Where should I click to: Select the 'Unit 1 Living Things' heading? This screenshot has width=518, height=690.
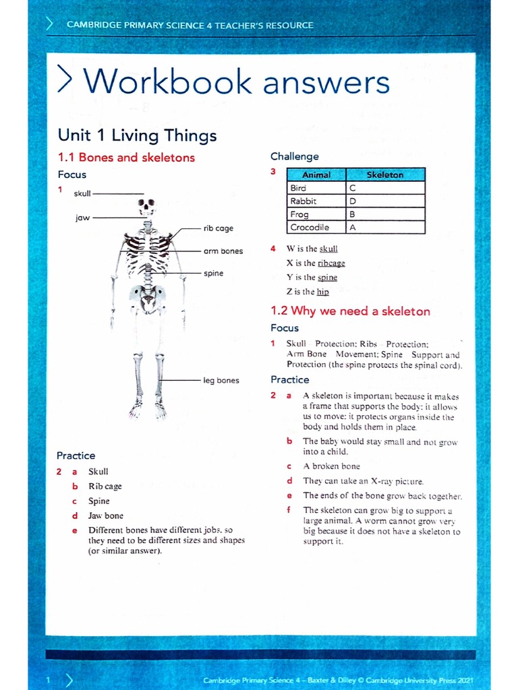[137, 135]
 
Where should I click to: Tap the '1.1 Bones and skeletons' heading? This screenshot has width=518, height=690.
[126, 158]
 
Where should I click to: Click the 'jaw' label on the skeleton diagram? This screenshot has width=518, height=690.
[83, 218]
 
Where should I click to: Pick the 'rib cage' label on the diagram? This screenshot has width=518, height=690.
[218, 228]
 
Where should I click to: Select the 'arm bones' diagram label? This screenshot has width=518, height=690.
[223, 251]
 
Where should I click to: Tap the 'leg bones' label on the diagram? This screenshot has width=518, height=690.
[221, 381]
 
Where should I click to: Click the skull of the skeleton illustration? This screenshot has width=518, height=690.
[146, 206]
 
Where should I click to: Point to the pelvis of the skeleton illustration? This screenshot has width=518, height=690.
[147, 295]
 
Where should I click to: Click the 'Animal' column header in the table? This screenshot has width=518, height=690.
[316, 175]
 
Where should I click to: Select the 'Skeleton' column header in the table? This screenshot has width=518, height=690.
[384, 175]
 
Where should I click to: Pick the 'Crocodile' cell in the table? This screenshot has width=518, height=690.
[310, 228]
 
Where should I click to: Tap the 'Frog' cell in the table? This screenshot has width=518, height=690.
[299, 214]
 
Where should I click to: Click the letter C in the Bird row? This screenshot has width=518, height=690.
[352, 188]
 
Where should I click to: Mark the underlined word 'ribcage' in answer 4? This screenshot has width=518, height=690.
[331, 263]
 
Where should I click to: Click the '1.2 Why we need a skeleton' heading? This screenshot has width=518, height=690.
[350, 311]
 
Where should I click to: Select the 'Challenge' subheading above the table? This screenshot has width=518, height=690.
[294, 156]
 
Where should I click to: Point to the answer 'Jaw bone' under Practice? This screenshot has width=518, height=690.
[106, 516]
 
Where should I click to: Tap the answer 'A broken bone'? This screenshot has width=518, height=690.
[331, 466]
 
